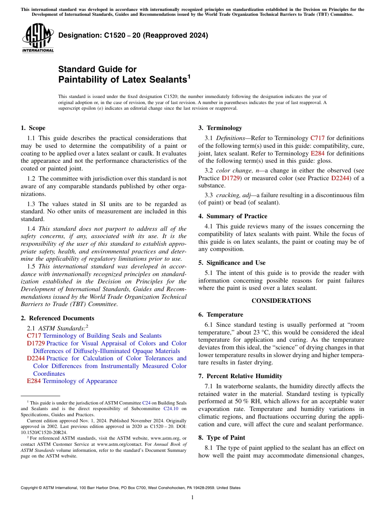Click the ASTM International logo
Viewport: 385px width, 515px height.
(38, 38)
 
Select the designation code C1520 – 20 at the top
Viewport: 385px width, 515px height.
(107, 35)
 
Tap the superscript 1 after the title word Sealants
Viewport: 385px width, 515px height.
(188, 76)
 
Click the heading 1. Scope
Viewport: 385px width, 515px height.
(33, 128)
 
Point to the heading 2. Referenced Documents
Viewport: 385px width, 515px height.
(57, 318)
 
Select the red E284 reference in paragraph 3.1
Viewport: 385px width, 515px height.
(317, 153)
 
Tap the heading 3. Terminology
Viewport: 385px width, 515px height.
(220, 128)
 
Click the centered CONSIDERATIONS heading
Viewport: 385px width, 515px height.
(281, 301)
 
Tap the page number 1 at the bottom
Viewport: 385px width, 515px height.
(192, 498)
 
